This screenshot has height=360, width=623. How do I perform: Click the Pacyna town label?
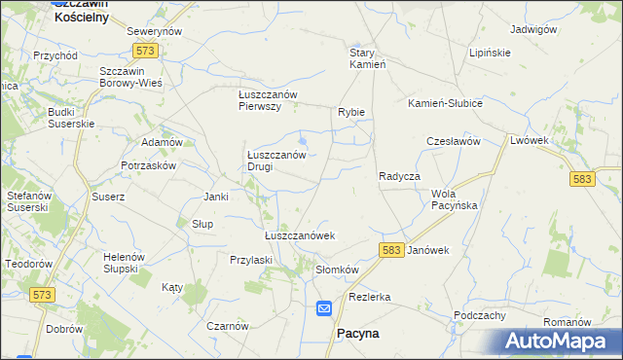coord(357,333)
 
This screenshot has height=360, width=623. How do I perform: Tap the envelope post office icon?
coord(324,308)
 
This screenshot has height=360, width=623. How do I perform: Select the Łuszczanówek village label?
coord(300,235)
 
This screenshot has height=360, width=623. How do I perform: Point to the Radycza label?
coord(398,176)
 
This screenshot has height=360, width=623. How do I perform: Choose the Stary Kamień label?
coord(369,58)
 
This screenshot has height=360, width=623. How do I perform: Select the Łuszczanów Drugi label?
coord(276,161)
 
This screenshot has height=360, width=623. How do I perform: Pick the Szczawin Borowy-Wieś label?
coord(130,78)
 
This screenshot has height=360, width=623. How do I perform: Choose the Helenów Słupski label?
coord(124,262)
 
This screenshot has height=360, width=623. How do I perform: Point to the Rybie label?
coord(351,112)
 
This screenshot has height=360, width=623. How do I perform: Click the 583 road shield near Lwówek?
coord(583,179)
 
